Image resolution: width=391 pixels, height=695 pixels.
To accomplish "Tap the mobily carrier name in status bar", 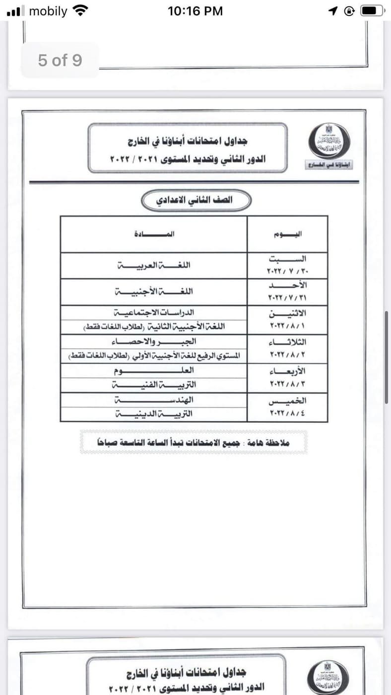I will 48,11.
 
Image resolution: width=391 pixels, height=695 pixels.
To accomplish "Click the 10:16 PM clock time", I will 195,11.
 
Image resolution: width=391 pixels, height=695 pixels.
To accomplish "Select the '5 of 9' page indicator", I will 60,61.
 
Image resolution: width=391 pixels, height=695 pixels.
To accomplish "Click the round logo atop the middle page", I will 329,140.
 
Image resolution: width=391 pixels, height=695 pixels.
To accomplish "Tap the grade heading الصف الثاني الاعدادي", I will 196,201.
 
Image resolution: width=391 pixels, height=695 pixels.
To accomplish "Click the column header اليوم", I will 288,234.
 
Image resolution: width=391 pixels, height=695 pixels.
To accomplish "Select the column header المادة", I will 154,234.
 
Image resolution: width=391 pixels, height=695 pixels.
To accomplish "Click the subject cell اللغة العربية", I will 154,265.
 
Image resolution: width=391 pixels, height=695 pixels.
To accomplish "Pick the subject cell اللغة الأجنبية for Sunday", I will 154,291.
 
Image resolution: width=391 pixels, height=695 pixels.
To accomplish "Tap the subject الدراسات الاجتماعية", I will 154,313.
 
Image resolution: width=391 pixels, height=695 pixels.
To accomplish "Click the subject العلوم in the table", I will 154,370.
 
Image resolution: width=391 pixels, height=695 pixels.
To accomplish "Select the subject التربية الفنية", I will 154,385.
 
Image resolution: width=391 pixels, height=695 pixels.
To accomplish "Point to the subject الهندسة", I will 154,400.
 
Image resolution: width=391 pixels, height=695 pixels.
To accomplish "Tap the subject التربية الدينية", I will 154,414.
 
